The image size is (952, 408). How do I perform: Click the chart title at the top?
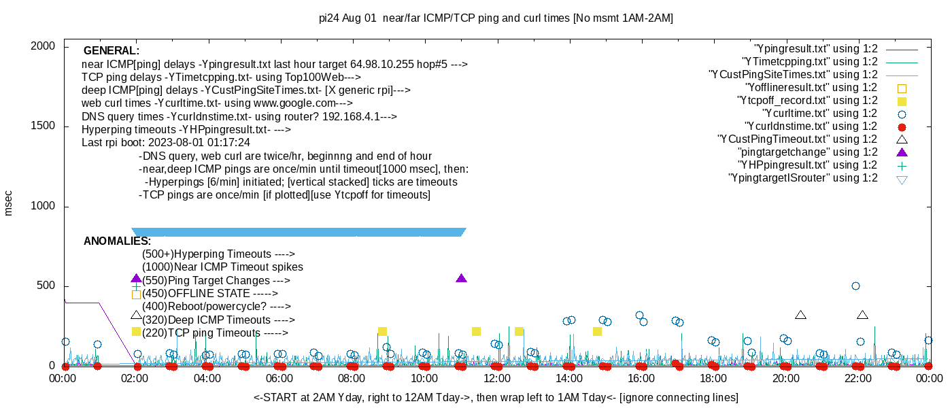pyautogui.click(x=496, y=18)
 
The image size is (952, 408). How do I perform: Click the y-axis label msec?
pyautogui.click(x=9, y=203)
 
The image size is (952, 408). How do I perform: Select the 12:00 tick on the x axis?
pyautogui.click(x=496, y=378)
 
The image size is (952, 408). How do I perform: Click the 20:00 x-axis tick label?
pyautogui.click(x=785, y=378)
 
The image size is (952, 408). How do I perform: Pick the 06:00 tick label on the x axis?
pyautogui.click(x=279, y=378)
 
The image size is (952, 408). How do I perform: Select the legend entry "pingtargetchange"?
pyautogui.click(x=808, y=152)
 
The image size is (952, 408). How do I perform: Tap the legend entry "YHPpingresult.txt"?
pyautogui.click(x=808, y=165)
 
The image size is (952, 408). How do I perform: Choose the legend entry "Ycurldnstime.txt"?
pyautogui.click(x=811, y=126)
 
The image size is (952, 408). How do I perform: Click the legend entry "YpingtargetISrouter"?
pyautogui.click(x=802, y=178)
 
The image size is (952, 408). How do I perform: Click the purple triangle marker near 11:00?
pyautogui.click(x=462, y=278)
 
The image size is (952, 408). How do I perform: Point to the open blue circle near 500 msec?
pyautogui.click(x=855, y=286)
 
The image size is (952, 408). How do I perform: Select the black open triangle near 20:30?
pyautogui.click(x=800, y=315)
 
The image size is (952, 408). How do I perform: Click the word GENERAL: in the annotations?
pyautogui.click(x=112, y=51)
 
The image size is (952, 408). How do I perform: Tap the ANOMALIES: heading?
pyautogui.click(x=117, y=241)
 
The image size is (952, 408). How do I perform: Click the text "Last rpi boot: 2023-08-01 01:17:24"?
pyautogui.click(x=166, y=143)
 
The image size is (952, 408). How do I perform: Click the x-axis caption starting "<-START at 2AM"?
pyautogui.click(x=496, y=397)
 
